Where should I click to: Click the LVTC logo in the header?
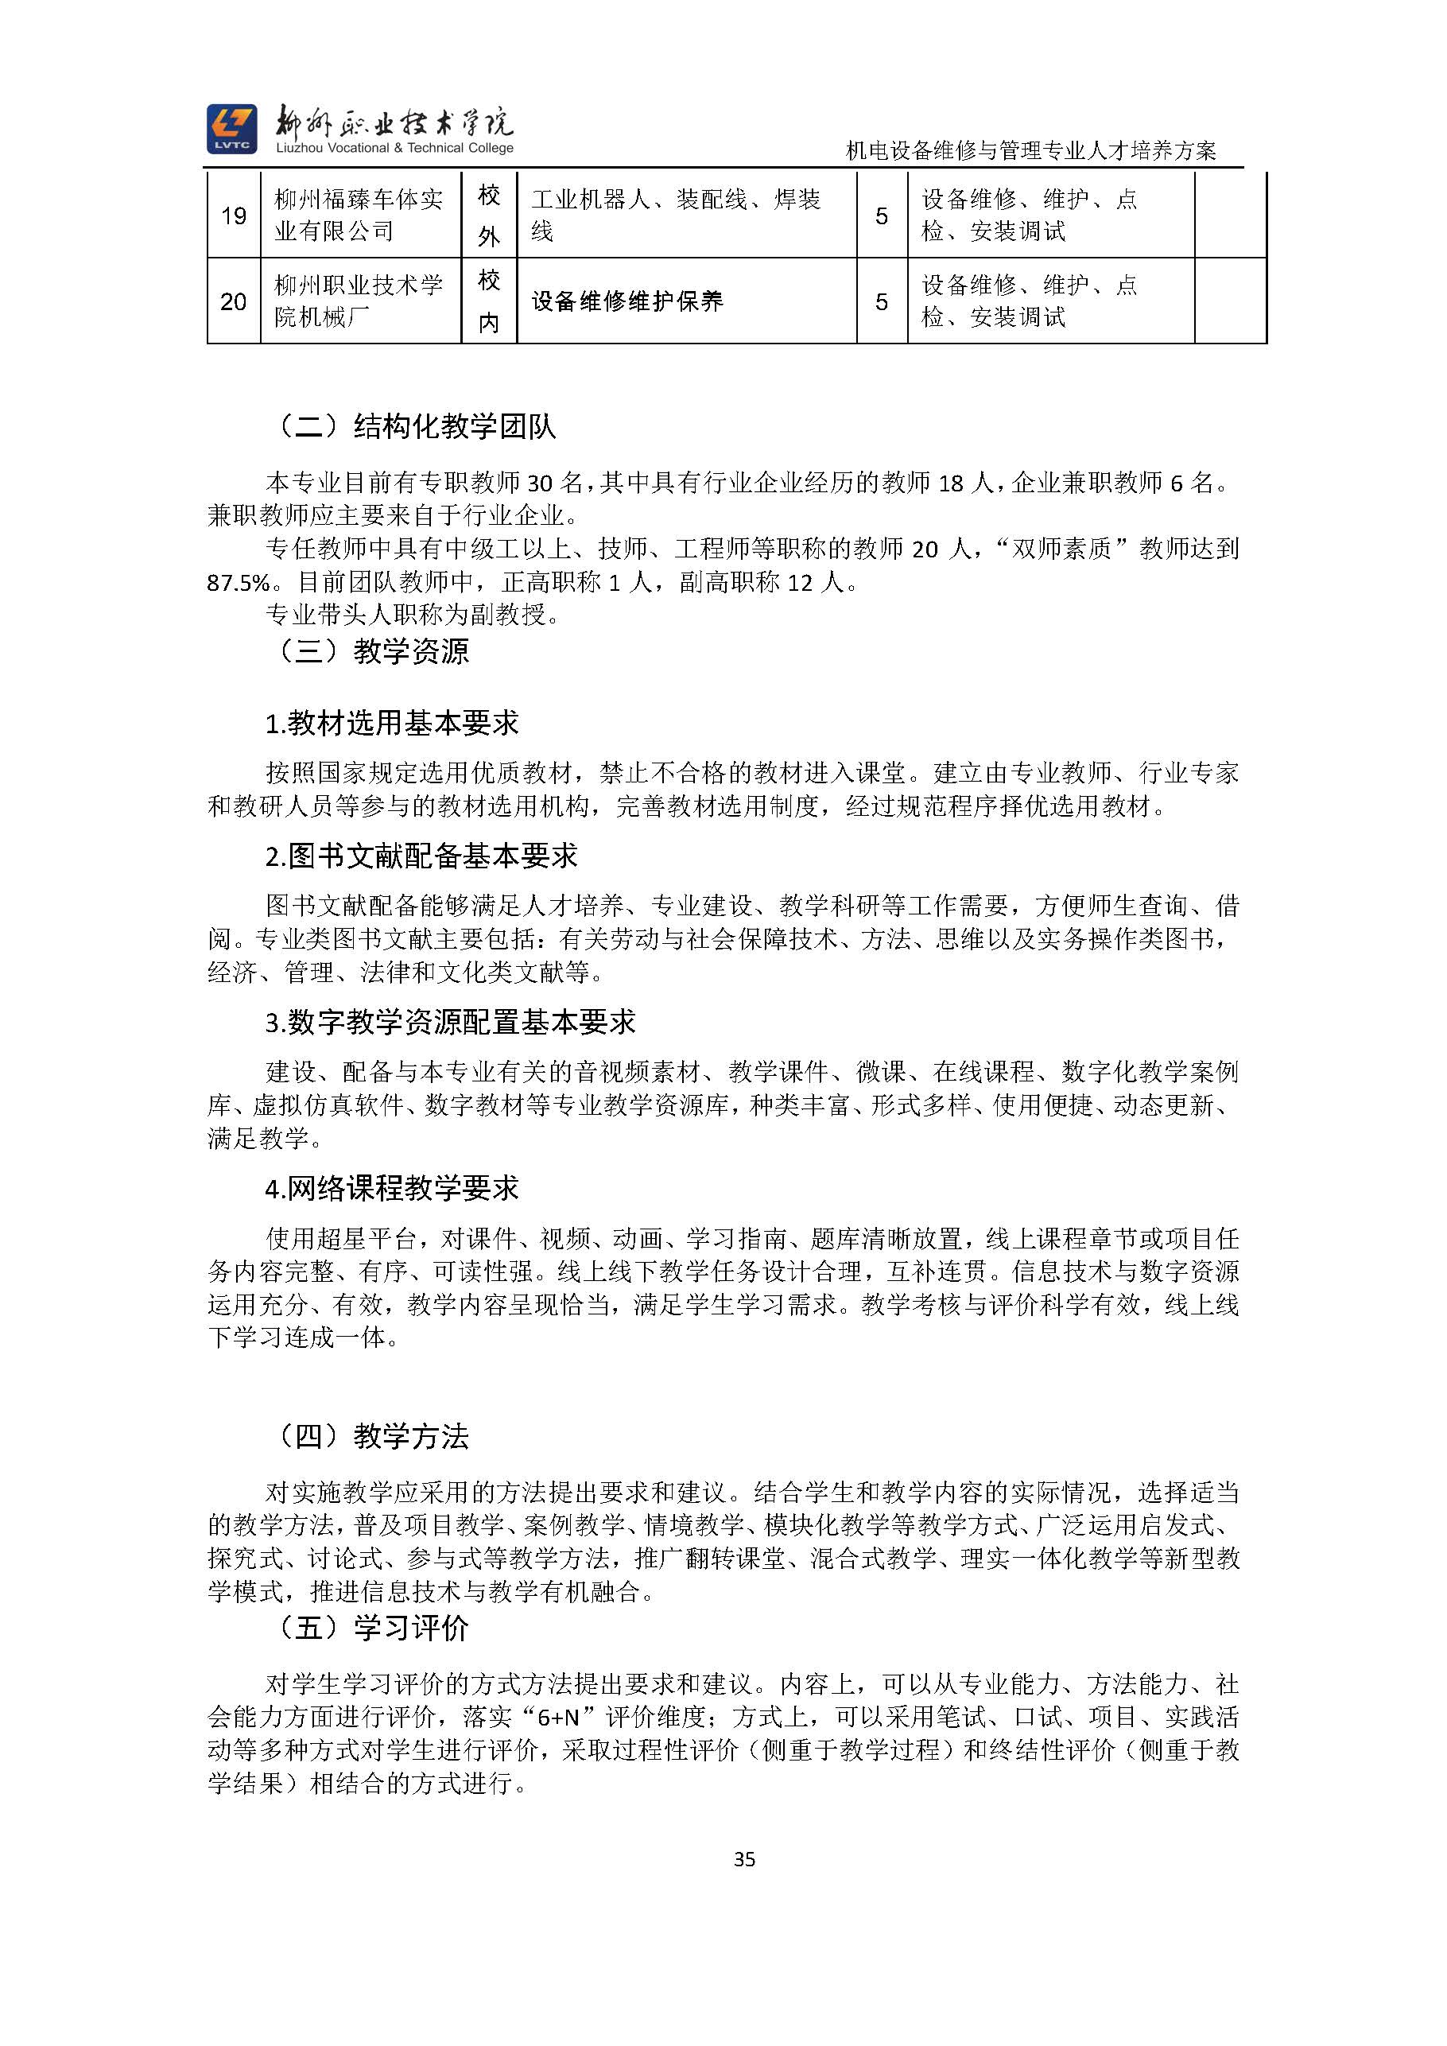tap(231, 128)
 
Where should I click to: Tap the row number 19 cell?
tap(234, 215)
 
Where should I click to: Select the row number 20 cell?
tap(234, 301)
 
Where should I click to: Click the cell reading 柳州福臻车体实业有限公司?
tap(359, 215)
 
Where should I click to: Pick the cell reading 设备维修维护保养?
tap(627, 301)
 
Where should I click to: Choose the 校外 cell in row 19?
tap(489, 215)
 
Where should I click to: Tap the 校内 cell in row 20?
tap(489, 301)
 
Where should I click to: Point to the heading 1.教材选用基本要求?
tap(392, 723)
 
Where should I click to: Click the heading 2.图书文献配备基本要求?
tap(421, 856)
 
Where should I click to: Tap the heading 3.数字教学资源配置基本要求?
tap(451, 1022)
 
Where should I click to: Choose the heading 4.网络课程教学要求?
tap(392, 1188)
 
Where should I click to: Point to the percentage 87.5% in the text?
tap(238, 584)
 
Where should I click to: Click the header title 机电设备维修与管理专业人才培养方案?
tap(1031, 150)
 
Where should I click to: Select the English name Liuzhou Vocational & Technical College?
tap(394, 148)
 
